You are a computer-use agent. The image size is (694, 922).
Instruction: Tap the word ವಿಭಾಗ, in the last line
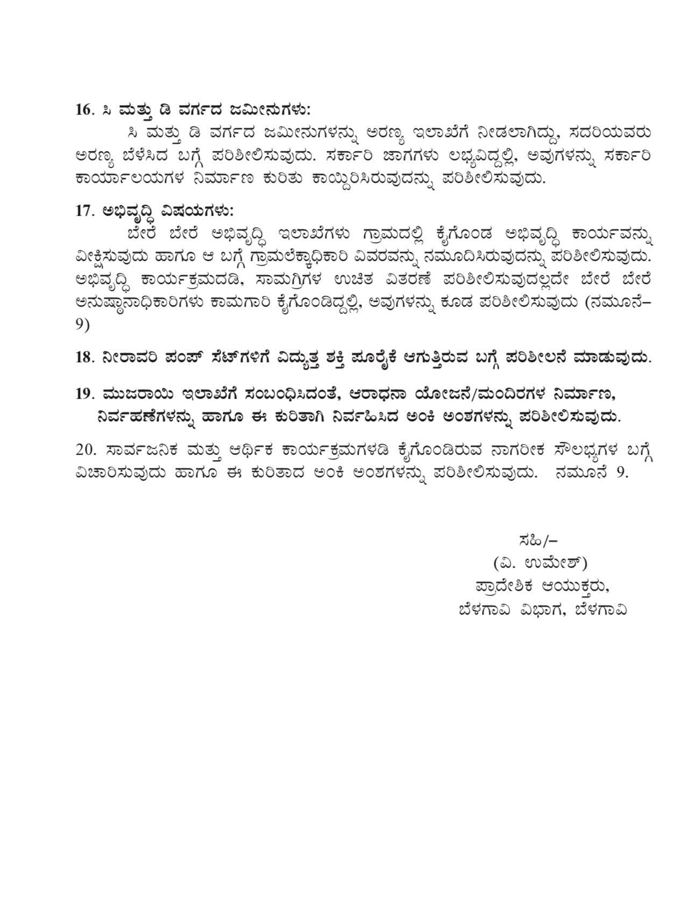(x=537, y=610)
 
